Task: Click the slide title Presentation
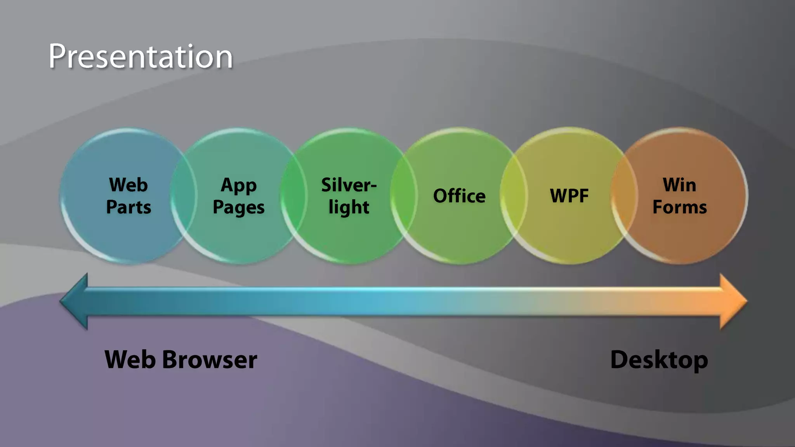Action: click(141, 57)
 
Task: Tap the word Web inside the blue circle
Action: click(128, 185)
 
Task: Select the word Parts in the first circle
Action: click(128, 207)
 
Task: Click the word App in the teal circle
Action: click(239, 185)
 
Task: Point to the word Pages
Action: click(239, 208)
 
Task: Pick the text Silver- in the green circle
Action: click(349, 185)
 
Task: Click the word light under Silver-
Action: click(349, 208)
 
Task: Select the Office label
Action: click(459, 196)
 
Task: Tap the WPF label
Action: click(569, 196)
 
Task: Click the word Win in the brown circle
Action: click(679, 185)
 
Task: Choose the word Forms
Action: click(679, 207)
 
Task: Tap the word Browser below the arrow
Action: click(210, 360)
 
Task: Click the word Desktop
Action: click(659, 360)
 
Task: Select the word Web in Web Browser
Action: click(130, 360)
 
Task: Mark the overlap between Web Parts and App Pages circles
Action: click(184, 196)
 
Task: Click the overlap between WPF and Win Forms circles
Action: click(624, 196)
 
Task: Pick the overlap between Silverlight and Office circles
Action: click(404, 196)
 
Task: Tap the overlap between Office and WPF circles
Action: click(514, 196)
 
